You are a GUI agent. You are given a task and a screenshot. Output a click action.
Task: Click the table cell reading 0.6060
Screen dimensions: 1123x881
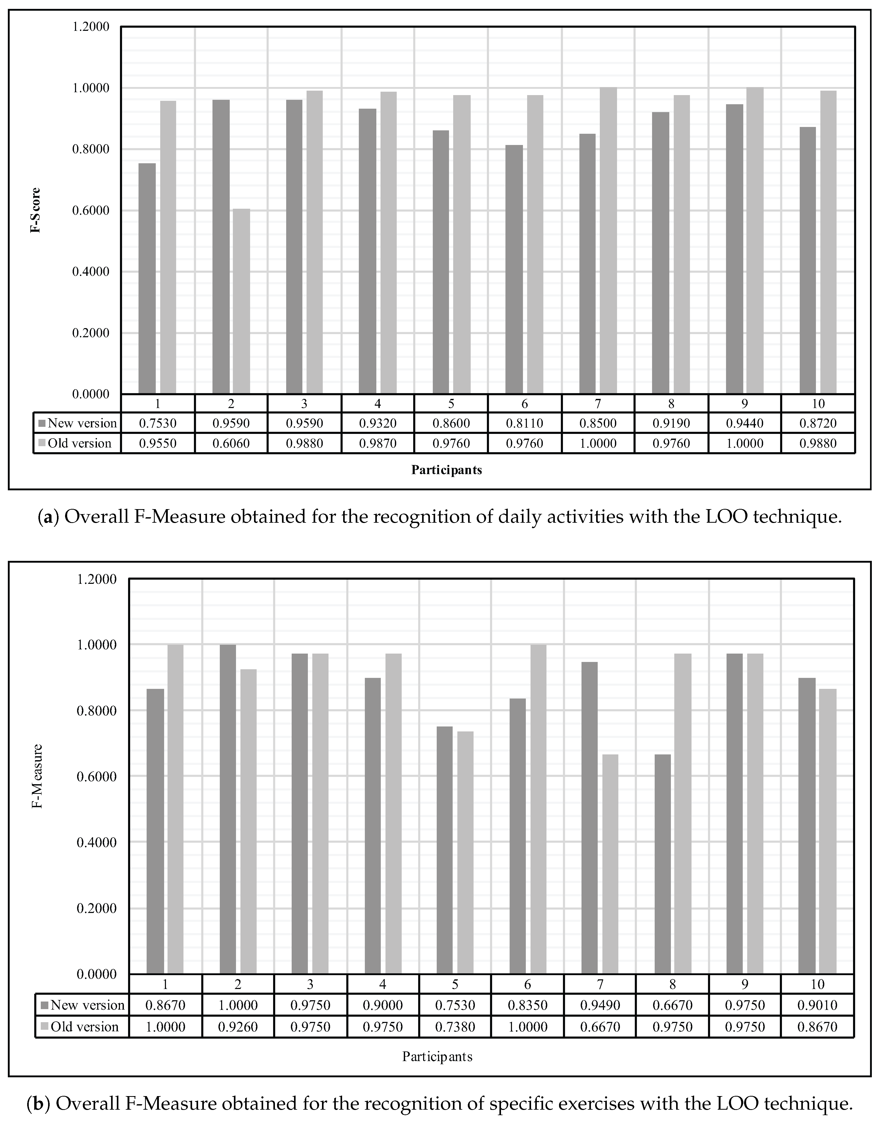pos(231,443)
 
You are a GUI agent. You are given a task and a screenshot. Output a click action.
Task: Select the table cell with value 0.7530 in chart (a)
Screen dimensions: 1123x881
pos(158,423)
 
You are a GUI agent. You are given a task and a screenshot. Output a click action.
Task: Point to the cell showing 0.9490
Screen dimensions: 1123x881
pos(600,1005)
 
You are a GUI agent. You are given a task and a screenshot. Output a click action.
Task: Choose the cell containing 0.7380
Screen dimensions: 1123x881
pos(455,1027)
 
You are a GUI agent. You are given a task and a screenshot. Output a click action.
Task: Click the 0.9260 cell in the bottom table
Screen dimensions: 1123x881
pos(238,1027)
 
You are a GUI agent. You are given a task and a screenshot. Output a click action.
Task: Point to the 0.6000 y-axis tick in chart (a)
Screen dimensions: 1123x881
pos(91,210)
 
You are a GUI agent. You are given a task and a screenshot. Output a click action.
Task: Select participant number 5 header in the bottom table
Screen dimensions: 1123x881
pos(455,984)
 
